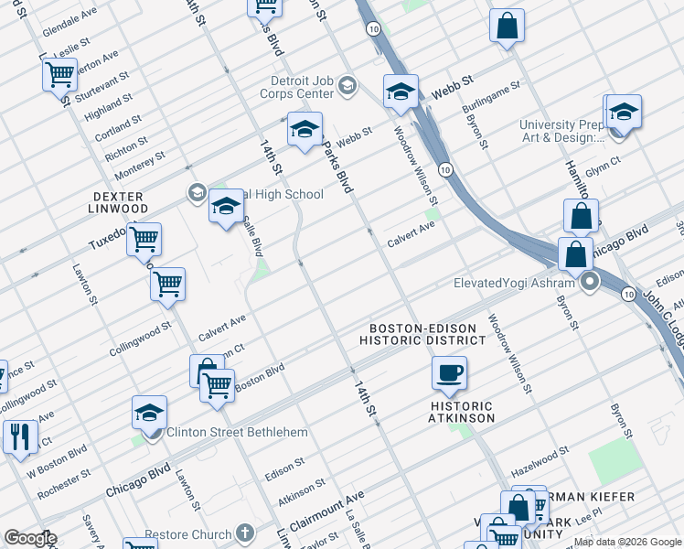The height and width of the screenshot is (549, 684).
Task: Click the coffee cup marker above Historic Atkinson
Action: click(449, 373)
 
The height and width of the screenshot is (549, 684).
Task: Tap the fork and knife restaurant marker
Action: click(18, 436)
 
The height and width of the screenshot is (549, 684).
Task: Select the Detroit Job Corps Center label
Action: click(291, 87)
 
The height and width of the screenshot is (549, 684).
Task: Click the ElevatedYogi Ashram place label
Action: click(517, 283)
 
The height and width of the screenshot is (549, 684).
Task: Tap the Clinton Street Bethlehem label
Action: click(235, 432)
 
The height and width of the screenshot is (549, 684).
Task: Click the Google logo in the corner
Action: click(29, 538)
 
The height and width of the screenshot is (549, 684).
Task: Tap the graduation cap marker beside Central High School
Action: click(226, 209)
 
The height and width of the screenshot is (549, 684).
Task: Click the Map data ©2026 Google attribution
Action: click(627, 542)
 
